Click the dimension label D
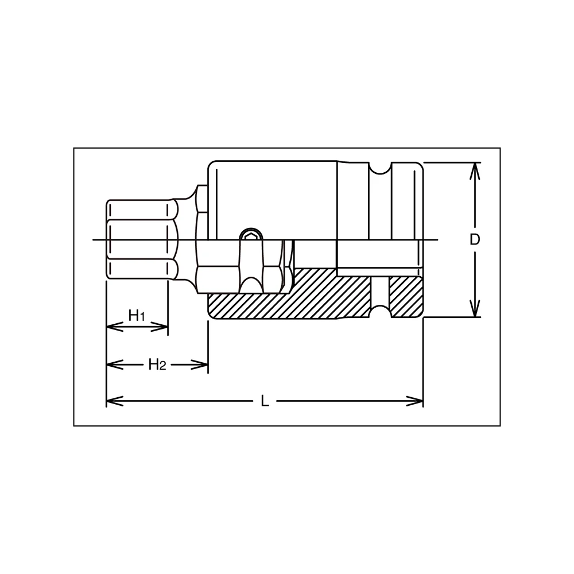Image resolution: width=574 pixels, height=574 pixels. (x=474, y=240)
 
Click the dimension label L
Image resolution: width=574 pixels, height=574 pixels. (x=265, y=401)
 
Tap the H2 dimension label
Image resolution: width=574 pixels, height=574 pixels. (x=157, y=364)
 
